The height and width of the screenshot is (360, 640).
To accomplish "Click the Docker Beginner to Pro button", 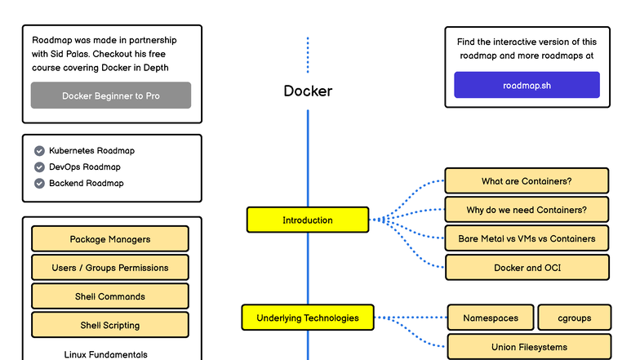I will [111, 96].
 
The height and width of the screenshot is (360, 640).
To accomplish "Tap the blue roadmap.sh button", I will [527, 85].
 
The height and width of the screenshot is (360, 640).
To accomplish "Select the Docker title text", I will [308, 91].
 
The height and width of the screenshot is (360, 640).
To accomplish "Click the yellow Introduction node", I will [307, 220].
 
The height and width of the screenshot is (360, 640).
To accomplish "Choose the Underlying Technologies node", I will [307, 318].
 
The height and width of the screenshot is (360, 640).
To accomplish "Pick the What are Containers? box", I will [527, 180].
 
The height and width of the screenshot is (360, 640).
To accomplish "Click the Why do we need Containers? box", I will [527, 210].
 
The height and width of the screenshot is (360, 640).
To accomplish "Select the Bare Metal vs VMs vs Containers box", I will [527, 238].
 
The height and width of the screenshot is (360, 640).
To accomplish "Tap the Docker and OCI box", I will [527, 268].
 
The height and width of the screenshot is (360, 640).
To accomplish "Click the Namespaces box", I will [491, 318].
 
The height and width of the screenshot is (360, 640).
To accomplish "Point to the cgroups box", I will [574, 318].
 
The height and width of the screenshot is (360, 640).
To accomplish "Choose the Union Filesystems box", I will [529, 347].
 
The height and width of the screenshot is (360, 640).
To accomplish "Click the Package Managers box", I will [110, 239].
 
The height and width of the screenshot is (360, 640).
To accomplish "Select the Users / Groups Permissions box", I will [110, 268].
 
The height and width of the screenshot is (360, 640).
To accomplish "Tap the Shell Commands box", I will [110, 296].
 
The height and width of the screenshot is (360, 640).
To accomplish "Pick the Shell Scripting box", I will [110, 325].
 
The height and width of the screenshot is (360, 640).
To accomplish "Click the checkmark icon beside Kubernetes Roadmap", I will [39, 151].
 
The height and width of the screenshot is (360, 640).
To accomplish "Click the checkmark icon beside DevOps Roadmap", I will [39, 167].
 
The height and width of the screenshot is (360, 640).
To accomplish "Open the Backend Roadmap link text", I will [86, 184].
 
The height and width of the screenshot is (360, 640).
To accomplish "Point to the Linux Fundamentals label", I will [106, 354].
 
